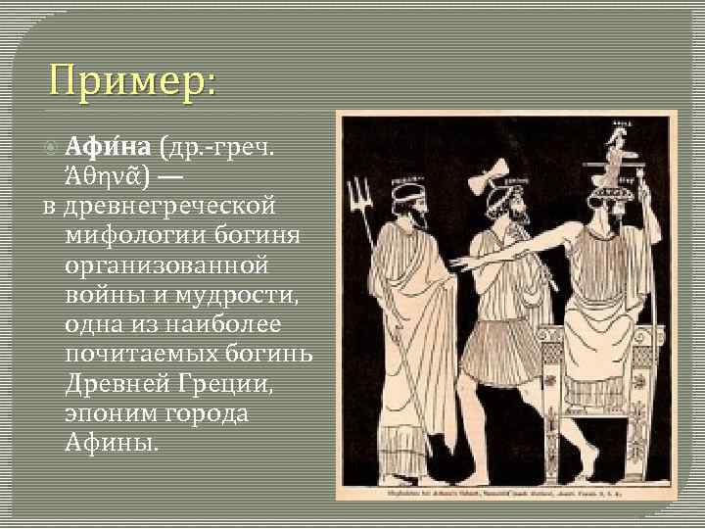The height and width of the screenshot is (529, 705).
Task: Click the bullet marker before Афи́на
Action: pos(53,148)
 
